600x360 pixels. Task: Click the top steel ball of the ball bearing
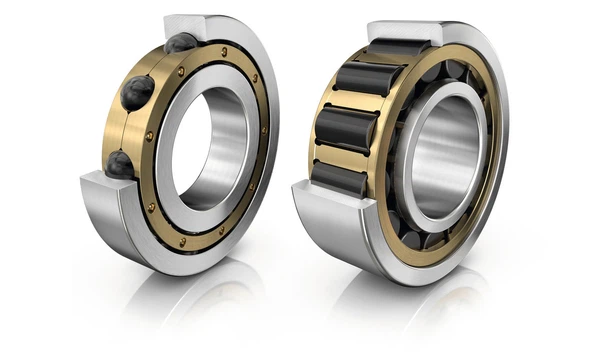click(181, 43)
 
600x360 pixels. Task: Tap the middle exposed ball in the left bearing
click(137, 92)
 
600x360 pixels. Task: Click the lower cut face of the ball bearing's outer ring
click(100, 186)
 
